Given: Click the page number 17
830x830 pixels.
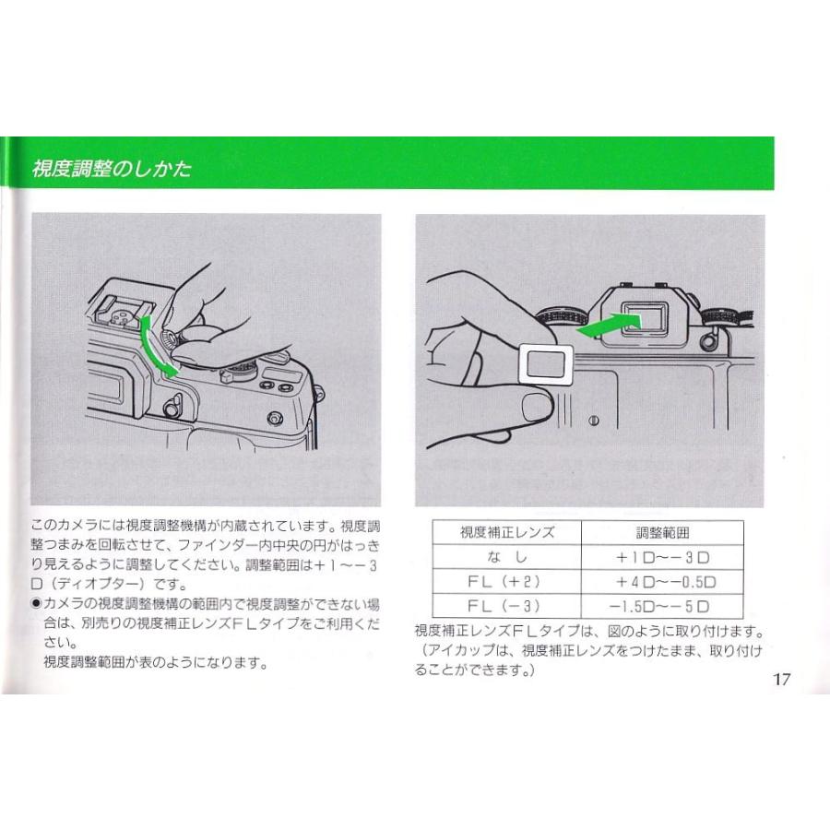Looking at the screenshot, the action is (x=781, y=679).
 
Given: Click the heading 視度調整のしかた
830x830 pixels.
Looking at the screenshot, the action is (x=112, y=169).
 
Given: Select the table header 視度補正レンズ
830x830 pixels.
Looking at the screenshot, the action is (x=506, y=532).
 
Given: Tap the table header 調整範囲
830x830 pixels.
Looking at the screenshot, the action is (x=662, y=532).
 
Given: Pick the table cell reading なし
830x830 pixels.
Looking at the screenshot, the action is (x=506, y=557).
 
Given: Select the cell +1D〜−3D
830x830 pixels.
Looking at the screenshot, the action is (x=663, y=557).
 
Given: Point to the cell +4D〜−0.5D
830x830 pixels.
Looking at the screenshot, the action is (x=666, y=582).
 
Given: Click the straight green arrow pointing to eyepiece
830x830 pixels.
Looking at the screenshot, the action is (x=609, y=325).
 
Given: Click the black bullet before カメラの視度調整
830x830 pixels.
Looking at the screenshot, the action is (x=36, y=603).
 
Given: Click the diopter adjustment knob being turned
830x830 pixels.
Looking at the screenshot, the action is (x=173, y=338).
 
